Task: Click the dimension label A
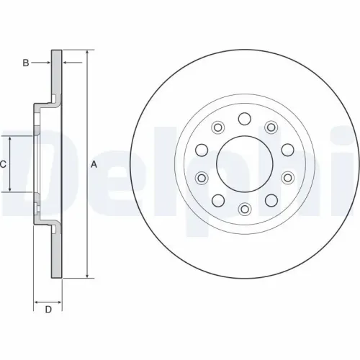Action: (94, 165)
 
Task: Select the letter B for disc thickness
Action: (26, 63)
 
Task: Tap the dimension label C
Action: (3, 164)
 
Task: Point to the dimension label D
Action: (48, 310)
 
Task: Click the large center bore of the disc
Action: (244, 163)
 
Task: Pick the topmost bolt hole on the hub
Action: (244, 118)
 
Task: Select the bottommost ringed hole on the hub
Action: (244, 209)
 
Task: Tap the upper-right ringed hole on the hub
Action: (271, 127)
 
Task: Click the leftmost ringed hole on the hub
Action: (202, 177)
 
